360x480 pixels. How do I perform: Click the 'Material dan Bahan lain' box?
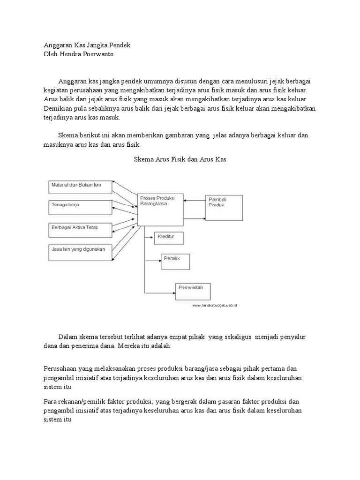coord(80,186)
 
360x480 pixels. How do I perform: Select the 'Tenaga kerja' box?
coord(80,206)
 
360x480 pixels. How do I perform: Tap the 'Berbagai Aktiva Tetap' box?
coord(80,229)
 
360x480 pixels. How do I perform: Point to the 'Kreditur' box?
coord(169,238)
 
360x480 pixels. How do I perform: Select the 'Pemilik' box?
coord(176,261)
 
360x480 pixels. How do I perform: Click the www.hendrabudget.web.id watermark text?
coord(214,305)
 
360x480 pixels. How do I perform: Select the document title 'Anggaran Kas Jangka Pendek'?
coord(87,45)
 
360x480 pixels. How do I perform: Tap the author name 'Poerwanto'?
coord(97,54)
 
